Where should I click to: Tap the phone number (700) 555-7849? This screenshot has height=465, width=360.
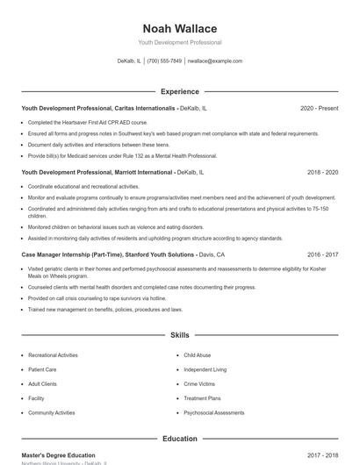click(x=164, y=61)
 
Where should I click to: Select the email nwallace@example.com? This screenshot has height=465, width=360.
click(x=215, y=61)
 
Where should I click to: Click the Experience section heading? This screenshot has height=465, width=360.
click(x=179, y=91)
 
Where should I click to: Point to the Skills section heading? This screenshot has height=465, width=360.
click(x=179, y=335)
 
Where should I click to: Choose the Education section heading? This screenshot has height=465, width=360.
click(x=179, y=439)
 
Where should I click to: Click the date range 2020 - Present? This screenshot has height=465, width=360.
click(x=319, y=108)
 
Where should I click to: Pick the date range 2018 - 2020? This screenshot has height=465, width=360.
click(x=323, y=173)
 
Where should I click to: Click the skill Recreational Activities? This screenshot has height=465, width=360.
click(x=53, y=355)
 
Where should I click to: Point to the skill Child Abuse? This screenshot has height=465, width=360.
click(x=197, y=355)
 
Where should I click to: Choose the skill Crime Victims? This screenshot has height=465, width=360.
click(x=198, y=383)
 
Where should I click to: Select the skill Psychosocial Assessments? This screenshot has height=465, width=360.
click(x=214, y=412)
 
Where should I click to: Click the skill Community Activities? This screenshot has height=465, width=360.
click(x=52, y=412)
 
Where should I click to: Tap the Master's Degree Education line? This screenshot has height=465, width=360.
click(x=58, y=455)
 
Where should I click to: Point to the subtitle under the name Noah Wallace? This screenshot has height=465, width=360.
click(x=179, y=42)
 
